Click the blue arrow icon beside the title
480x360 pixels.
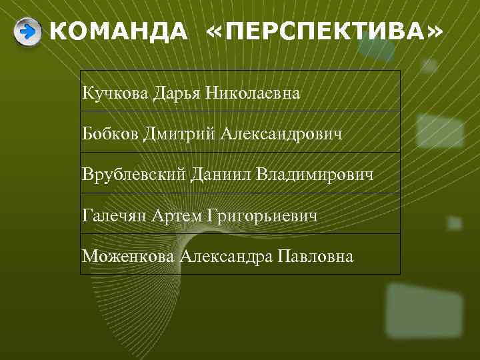pyautogui.click(x=27, y=31)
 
